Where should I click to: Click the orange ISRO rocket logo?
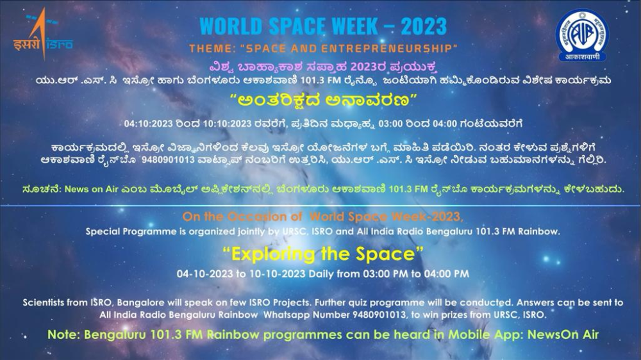(x=43, y=34)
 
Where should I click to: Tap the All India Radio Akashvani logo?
(x=582, y=35)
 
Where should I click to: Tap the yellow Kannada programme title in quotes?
(x=323, y=101)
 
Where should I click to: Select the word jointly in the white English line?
(x=252, y=232)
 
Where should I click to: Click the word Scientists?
(x=43, y=303)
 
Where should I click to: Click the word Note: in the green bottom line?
(x=63, y=334)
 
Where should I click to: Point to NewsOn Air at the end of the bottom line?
(x=563, y=334)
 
